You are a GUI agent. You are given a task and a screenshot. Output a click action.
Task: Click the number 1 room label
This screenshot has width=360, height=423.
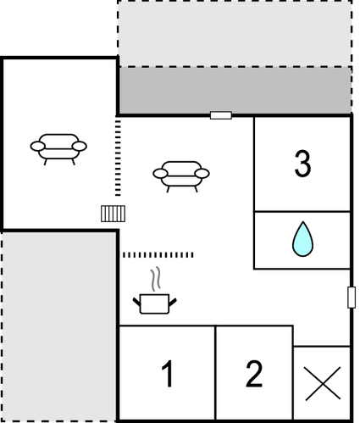click(167, 373)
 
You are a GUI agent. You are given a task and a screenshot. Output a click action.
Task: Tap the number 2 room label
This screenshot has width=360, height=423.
click(254, 373)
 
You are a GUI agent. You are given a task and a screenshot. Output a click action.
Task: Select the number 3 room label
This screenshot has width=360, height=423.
click(302, 164)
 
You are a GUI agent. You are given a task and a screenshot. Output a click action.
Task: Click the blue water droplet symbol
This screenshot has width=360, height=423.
click(302, 239)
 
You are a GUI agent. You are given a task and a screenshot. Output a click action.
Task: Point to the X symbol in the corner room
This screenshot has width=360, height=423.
click(322, 384)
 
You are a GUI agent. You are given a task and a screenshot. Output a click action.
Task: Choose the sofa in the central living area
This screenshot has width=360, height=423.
click(180, 174)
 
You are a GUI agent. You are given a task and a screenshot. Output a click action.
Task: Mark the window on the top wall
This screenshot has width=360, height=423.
click(220, 115)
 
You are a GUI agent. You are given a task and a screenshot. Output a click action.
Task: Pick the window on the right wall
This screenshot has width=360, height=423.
click(351, 298)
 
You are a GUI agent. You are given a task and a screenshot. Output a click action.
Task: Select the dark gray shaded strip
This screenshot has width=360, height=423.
click(235, 90)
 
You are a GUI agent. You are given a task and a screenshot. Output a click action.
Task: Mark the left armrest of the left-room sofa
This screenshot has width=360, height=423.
click(38, 147)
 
